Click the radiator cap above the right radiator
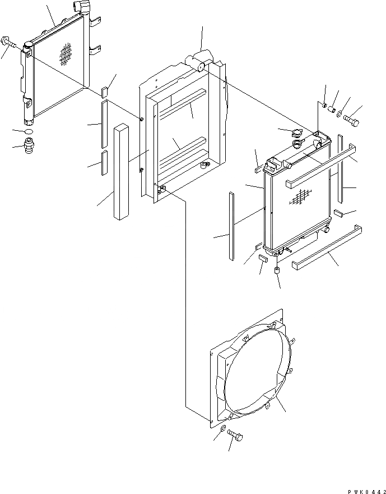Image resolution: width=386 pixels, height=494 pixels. pyautogui.click(x=292, y=135)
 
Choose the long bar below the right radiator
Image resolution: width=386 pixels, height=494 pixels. pyautogui.click(x=327, y=248)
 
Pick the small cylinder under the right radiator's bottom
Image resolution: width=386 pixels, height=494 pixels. pyautogui.click(x=277, y=271)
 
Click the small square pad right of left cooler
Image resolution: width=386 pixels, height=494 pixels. pyautogui.click(x=105, y=93)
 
